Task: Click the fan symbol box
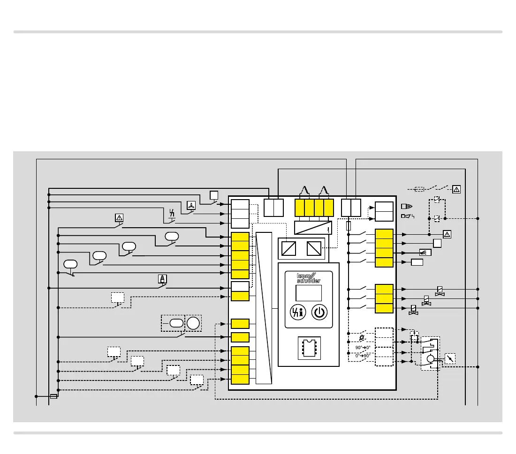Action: coord(191,205)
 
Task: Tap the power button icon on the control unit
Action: coord(319,313)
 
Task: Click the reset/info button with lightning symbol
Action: coord(297,313)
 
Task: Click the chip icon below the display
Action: coord(309,348)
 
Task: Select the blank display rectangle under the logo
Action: coord(309,293)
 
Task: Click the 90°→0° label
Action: coord(363,347)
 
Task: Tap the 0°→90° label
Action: coord(363,356)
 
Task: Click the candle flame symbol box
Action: coord(162,279)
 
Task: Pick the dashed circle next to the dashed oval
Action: coord(193,322)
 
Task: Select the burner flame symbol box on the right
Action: coord(425,252)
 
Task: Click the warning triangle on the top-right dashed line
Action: coord(456,189)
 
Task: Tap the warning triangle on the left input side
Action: coord(119,217)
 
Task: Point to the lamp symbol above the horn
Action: coord(406,206)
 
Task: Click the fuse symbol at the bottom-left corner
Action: coord(53,396)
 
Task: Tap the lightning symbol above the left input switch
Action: coord(172,215)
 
